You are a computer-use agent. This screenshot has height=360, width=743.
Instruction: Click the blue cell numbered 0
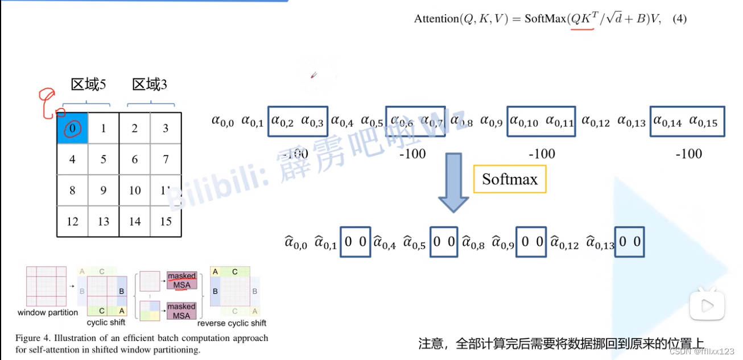(x=72, y=128)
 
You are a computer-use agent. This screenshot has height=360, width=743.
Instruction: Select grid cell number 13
(x=104, y=221)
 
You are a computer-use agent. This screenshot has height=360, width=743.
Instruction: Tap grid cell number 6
(x=135, y=159)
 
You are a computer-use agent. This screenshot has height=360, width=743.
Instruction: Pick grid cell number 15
(x=166, y=221)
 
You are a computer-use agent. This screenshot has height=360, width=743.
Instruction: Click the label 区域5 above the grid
(x=88, y=85)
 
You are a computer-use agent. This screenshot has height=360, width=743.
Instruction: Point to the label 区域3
(x=150, y=85)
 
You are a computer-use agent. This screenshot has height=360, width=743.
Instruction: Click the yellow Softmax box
(x=510, y=180)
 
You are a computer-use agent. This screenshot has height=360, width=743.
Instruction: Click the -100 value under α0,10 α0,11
(x=542, y=154)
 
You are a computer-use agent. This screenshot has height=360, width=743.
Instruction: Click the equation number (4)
(x=680, y=19)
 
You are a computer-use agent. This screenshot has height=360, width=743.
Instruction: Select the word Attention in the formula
(x=436, y=19)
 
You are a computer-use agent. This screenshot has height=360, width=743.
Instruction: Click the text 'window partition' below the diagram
(x=48, y=312)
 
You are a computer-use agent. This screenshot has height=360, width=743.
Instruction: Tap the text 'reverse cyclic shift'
(x=232, y=323)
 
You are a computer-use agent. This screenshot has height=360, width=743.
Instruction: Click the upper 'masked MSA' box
(x=181, y=280)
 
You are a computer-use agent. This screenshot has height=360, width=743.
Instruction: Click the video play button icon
(x=707, y=305)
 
